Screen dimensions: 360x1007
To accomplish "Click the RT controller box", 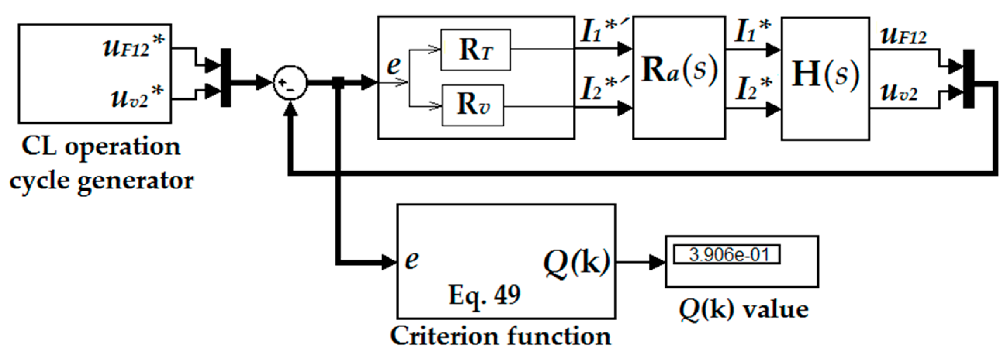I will tap(475, 50).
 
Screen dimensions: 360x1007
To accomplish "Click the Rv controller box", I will tap(473, 105).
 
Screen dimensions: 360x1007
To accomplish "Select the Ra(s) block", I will tap(679, 78).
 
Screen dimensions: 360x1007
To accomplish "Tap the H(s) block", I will tap(825, 78).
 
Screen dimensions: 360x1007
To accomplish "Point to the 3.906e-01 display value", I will tap(726, 255).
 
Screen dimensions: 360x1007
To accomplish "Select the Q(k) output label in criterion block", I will tap(576, 262).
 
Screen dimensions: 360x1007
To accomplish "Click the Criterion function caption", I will tap(500, 336).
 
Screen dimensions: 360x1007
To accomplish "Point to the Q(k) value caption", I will tap(743, 310).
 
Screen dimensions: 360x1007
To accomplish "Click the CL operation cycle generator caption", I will tap(102, 164).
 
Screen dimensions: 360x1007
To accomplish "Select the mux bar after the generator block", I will tap(226, 78).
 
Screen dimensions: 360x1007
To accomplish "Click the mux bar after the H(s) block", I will tap(968, 78).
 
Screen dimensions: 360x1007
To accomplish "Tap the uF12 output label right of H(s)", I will tap(903, 36).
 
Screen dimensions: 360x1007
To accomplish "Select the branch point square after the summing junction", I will tap(338, 83).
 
